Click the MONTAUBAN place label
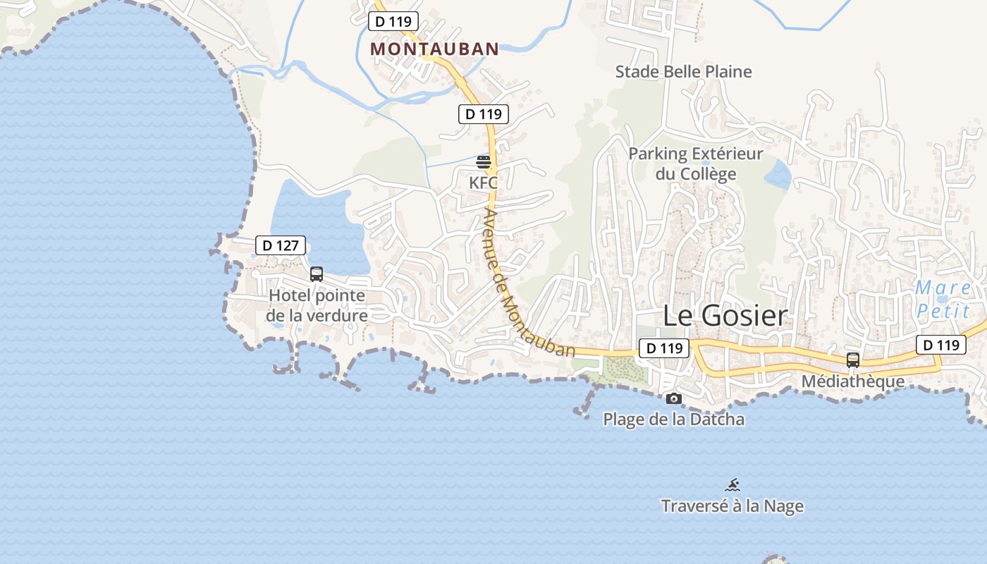434,49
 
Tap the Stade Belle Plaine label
683,72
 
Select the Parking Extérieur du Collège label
695,164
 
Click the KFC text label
483,183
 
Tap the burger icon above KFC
483,162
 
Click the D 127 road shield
280,245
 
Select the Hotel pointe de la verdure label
317,305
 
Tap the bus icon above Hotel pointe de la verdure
317,274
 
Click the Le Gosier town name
725,316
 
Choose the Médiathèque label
852,381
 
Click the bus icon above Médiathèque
852,360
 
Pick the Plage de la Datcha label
673,419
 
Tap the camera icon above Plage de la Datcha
673,399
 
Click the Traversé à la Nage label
732,505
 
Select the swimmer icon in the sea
732,485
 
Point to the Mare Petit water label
943,299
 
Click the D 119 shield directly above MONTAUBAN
393,21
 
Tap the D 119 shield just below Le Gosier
664,348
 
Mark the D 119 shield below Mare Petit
940,345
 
